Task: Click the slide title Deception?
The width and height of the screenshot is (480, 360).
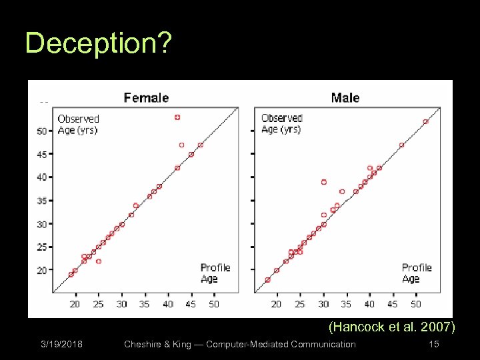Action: (99, 44)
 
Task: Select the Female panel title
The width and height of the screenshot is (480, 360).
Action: (146, 98)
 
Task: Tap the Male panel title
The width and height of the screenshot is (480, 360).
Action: (345, 98)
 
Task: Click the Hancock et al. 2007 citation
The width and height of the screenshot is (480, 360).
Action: (392, 327)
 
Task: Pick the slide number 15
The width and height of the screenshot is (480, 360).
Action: (433, 344)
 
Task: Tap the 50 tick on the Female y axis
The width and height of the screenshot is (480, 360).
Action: (42, 131)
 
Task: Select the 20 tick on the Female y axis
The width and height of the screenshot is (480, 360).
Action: (42, 270)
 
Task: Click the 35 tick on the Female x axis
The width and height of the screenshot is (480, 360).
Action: (144, 304)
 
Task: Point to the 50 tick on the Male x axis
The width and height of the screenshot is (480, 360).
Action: (415, 304)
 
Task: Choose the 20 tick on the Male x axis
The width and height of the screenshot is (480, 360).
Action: (277, 304)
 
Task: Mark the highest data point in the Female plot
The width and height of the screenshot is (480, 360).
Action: (177, 117)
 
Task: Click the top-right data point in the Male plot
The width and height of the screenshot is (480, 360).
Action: (425, 121)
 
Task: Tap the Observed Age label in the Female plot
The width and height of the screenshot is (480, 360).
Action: (78, 125)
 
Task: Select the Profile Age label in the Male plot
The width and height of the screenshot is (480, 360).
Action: (417, 273)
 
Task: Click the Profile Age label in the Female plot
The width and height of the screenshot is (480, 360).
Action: (215, 273)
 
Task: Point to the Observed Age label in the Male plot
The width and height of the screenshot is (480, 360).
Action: (282, 123)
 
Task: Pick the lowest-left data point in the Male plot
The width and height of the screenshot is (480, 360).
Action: (267, 280)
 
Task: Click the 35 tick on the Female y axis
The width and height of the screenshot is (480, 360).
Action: (42, 201)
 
